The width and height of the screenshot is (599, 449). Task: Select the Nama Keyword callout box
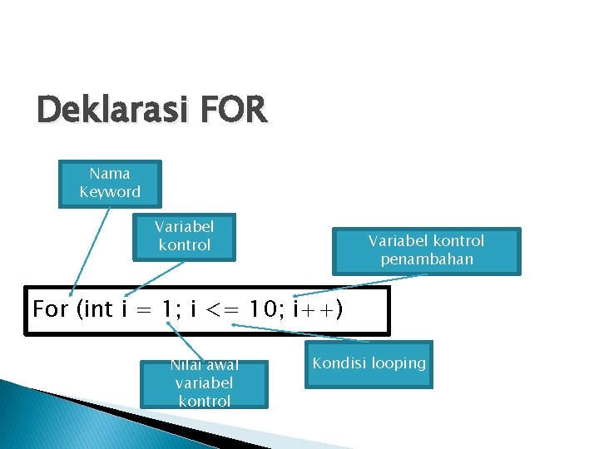[x=110, y=183]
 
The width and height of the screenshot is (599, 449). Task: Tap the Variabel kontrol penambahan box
[x=426, y=250]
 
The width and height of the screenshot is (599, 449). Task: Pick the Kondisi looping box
[x=369, y=364]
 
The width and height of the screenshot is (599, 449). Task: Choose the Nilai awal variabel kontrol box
[x=204, y=383]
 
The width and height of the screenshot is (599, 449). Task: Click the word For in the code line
[x=50, y=309]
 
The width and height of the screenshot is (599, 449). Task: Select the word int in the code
[x=99, y=309]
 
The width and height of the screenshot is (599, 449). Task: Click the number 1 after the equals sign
[x=169, y=309]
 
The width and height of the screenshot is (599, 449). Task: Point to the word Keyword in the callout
[x=110, y=192]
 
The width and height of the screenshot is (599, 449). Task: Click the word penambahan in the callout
[x=426, y=259]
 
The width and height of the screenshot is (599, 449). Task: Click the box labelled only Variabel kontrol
[x=184, y=236]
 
